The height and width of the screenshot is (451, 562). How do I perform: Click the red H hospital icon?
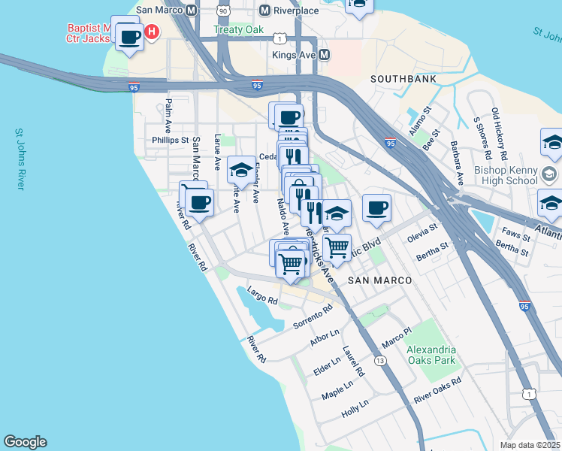(x=152, y=32)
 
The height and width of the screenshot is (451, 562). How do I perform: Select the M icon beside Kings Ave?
(x=325, y=55)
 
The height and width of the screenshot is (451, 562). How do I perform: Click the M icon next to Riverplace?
(x=264, y=11)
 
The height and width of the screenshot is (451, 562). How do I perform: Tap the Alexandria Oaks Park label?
(x=431, y=355)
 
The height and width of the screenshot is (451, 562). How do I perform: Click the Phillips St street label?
(x=169, y=140)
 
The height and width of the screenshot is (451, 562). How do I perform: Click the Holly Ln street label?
(x=355, y=408)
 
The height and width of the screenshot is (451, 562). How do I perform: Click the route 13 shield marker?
(x=381, y=361)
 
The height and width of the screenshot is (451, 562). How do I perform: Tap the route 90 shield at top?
(x=222, y=11)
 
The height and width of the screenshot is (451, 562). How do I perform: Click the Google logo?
(x=25, y=442)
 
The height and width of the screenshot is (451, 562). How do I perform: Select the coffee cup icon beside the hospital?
(x=129, y=37)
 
